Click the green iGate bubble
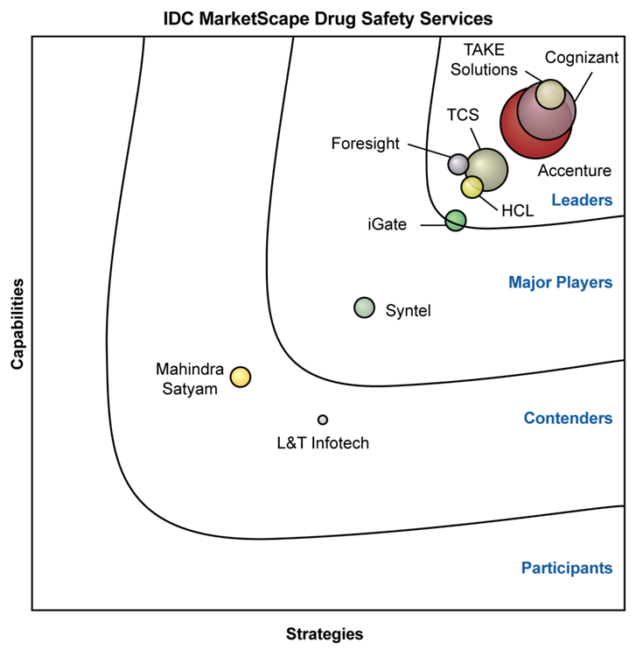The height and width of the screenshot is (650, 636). pos(455,220)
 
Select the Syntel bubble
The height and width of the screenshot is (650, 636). pos(364,307)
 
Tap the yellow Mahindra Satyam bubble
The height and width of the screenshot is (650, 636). pos(241,377)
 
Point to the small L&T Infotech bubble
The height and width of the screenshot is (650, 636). pos(323,420)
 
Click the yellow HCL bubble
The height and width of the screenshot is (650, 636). pos(472,187)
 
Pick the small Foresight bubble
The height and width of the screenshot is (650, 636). pos(458,163)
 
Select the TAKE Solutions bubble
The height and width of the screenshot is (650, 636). pos(550,94)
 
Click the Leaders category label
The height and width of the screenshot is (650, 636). pos(582,201)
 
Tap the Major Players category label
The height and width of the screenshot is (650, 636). pos(560,282)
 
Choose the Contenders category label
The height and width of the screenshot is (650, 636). pos(568,418)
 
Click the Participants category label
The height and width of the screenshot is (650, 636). pos(567,568)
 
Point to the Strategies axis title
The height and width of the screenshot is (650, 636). pos(325,633)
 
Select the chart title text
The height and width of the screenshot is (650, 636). pos(328,17)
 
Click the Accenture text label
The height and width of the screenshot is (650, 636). pos(575,171)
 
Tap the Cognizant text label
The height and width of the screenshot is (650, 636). pos(582,58)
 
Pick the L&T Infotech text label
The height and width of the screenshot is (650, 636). pos(323,443)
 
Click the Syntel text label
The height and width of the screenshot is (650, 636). pos(409,310)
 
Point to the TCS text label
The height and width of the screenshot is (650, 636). pos(463,115)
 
